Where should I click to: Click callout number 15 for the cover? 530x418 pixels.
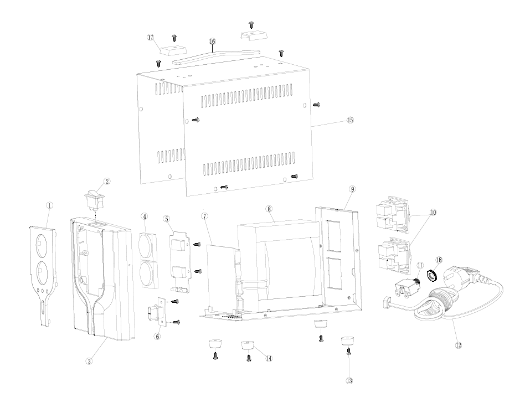point(350,120)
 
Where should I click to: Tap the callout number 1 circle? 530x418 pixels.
point(49,205)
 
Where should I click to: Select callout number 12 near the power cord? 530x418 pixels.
point(459,345)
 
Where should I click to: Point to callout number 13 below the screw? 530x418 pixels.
point(349,380)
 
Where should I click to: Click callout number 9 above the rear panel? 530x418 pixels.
point(352,189)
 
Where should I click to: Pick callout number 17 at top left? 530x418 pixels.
point(151,38)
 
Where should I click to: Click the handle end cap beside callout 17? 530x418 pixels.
point(173,50)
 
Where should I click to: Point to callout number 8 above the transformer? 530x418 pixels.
point(269,209)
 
